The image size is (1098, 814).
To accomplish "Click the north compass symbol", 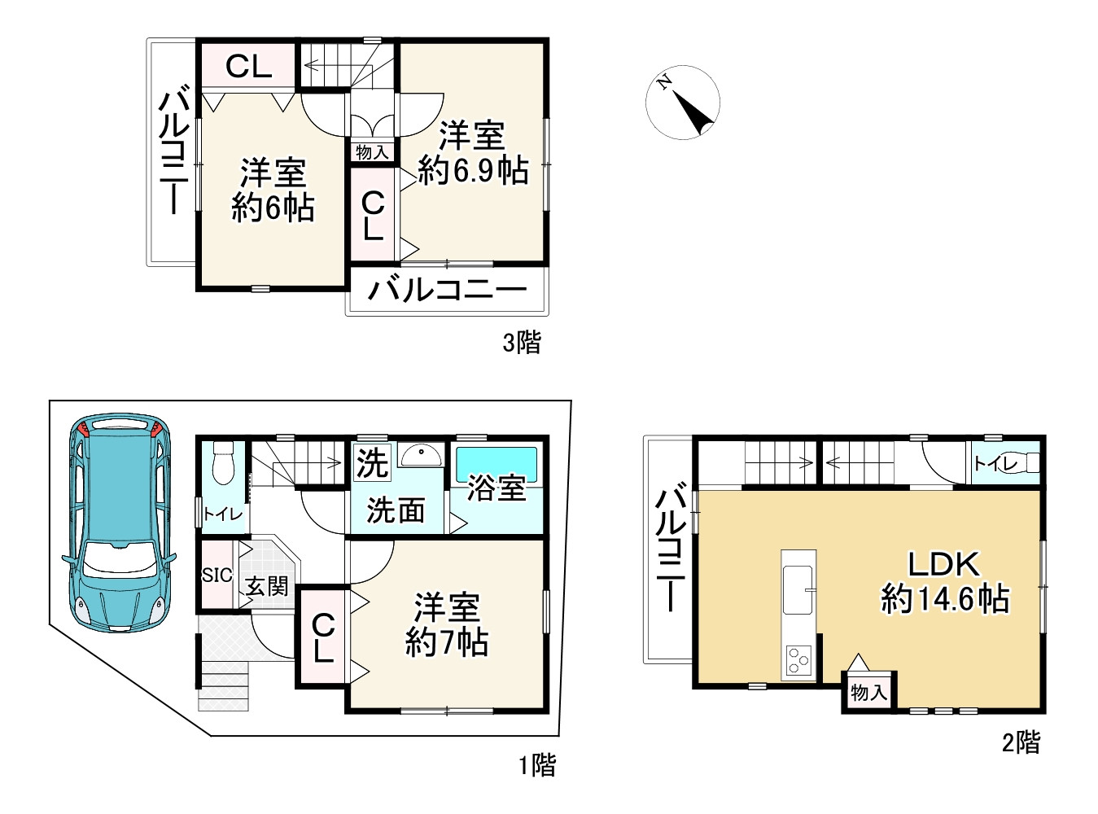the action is (682, 103).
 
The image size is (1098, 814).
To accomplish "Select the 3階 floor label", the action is (522, 342).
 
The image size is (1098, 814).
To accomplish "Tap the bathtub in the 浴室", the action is (496, 464).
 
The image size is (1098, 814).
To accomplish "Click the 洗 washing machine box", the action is (372, 462).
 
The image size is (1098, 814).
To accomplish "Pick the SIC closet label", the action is (217, 575).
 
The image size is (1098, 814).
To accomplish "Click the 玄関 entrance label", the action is (267, 587).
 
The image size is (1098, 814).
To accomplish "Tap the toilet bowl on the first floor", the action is (222, 463).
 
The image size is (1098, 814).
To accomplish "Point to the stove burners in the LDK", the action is (798, 660).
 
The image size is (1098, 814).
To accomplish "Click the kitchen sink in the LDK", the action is (798, 590).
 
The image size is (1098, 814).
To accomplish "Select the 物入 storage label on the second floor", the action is (868, 693).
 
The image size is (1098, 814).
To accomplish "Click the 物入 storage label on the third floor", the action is (372, 152).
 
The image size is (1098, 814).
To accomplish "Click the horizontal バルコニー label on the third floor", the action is (447, 290).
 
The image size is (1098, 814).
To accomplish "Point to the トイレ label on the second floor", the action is (995, 465).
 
